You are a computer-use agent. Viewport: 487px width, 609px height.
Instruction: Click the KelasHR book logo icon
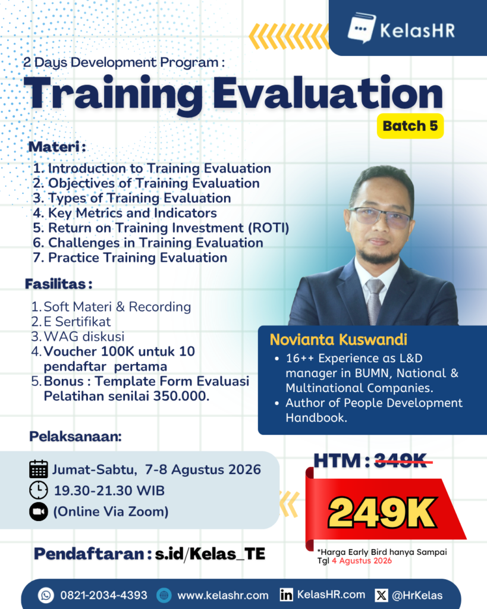(x=361, y=28)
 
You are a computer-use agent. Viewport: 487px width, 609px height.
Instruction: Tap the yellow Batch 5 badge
(x=410, y=126)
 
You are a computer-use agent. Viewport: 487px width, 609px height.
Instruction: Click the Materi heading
(x=56, y=147)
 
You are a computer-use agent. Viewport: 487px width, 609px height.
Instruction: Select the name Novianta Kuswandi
(x=338, y=340)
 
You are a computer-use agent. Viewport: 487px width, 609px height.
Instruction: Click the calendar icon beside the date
(x=39, y=469)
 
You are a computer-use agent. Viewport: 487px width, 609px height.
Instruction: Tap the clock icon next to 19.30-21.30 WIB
(x=39, y=490)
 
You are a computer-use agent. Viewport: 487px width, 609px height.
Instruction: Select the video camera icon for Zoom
(x=39, y=511)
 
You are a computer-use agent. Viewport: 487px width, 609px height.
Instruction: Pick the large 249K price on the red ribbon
(x=382, y=513)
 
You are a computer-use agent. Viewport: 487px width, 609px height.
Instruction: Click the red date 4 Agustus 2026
(x=362, y=560)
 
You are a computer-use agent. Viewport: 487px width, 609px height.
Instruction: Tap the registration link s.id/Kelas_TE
(x=210, y=554)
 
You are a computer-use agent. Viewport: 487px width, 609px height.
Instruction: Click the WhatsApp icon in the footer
(x=46, y=595)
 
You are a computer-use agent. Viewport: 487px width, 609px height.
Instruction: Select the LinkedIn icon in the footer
(x=286, y=595)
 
